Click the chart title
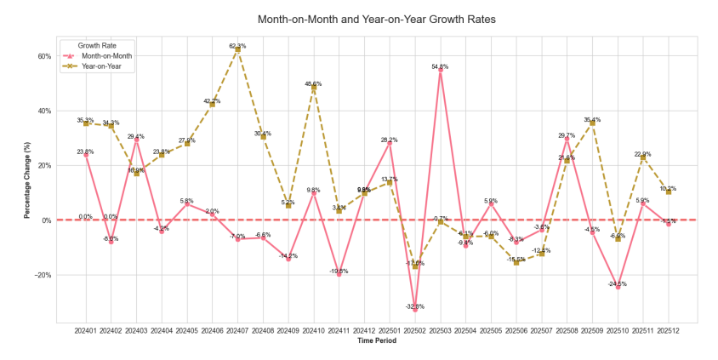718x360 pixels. click(376, 18)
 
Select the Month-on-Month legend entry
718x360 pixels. click(107, 55)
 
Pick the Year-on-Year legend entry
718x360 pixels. click(107, 66)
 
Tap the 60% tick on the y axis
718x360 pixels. click(44, 56)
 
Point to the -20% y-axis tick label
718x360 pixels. click(43, 275)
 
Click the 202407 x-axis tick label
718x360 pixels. click(237, 330)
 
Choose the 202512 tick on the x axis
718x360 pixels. click(669, 330)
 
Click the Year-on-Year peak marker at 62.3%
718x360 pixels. click(237, 49)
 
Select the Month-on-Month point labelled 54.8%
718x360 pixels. click(440, 71)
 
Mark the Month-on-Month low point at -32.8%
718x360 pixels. click(415, 310)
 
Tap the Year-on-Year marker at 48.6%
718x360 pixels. click(314, 88)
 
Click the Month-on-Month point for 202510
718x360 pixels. click(618, 287)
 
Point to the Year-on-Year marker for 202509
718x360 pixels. click(593, 123)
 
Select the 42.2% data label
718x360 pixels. click(212, 101)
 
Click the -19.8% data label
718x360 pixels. click(339, 271)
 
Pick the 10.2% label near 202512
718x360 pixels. click(668, 188)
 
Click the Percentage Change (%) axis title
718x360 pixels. click(26, 180)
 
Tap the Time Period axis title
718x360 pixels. click(376, 341)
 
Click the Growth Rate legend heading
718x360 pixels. click(97, 44)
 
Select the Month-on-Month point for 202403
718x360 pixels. click(136, 140)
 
